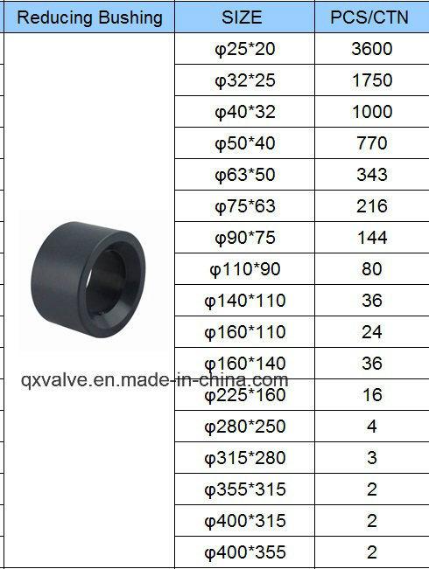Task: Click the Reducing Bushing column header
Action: click(x=89, y=17)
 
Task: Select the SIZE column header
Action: click(x=242, y=17)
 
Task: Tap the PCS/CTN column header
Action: click(x=369, y=17)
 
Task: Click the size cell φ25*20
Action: click(x=244, y=49)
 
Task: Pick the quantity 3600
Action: click(x=371, y=49)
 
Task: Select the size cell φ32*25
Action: click(x=244, y=80)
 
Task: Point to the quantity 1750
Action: click(x=372, y=80)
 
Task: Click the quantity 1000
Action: click(x=372, y=111)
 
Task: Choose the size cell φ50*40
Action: click(x=244, y=143)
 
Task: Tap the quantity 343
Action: click(x=372, y=175)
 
